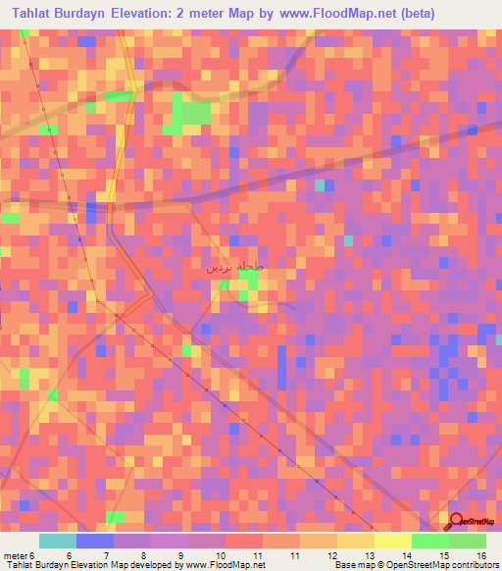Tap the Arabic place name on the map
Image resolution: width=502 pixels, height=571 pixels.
point(235,266)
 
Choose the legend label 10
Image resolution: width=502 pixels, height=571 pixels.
point(220,556)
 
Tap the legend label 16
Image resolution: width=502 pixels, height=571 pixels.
point(481,556)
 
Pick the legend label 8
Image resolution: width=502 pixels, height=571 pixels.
point(144,556)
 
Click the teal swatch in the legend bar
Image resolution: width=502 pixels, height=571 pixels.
point(57,541)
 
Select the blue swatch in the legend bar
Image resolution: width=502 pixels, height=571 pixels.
point(94,541)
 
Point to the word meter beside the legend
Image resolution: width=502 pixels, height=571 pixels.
point(15,556)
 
